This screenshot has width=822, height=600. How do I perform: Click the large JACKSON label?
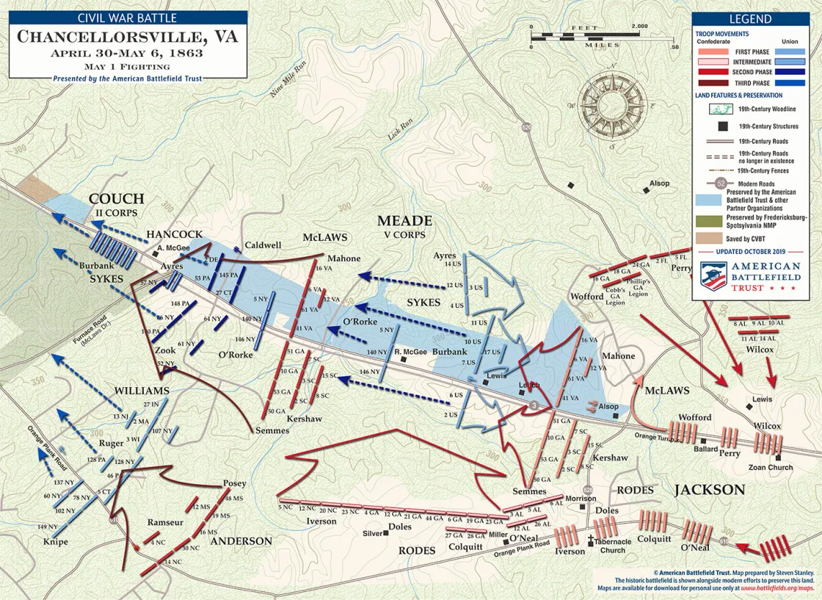click(x=710, y=490)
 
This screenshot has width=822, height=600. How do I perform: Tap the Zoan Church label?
click(x=770, y=467)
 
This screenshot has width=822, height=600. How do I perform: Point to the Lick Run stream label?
click(x=396, y=132)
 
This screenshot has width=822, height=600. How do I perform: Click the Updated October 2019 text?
click(x=757, y=251)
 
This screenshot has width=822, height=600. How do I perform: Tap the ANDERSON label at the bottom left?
click(x=241, y=541)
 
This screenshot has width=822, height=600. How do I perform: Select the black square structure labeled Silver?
click(x=387, y=534)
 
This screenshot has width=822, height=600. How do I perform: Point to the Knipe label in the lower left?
click(x=55, y=542)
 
